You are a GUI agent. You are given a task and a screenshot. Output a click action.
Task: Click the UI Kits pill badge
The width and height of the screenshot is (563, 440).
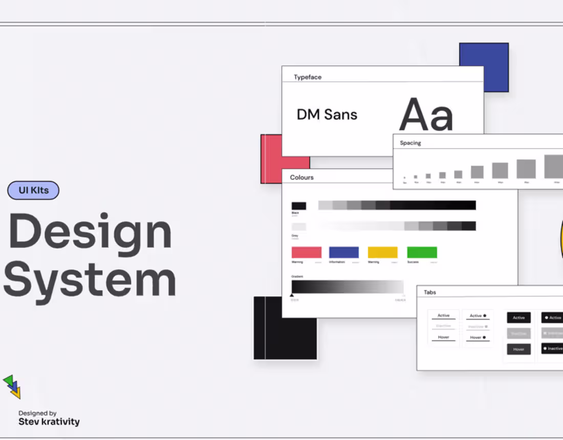click(x=33, y=190)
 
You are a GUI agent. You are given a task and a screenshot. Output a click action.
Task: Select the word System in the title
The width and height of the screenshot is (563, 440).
click(x=90, y=279)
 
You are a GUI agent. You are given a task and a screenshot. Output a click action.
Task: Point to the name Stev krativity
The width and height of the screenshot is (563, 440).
click(x=49, y=422)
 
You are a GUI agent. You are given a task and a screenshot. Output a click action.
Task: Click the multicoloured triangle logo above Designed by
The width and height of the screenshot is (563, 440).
click(x=12, y=386)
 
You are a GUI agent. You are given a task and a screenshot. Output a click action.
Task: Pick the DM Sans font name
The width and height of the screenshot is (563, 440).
click(x=327, y=115)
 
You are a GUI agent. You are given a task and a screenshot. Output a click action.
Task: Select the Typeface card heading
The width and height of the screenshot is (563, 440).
click(x=308, y=77)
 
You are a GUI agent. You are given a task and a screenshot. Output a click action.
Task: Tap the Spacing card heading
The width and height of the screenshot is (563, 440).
click(x=410, y=143)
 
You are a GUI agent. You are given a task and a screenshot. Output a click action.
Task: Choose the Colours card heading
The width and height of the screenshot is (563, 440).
click(x=302, y=178)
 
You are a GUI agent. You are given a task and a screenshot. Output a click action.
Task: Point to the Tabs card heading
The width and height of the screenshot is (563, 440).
click(x=430, y=292)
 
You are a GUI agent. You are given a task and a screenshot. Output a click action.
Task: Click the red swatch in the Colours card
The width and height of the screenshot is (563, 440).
click(x=307, y=252)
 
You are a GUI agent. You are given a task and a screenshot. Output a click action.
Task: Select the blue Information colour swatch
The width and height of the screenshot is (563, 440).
click(x=344, y=252)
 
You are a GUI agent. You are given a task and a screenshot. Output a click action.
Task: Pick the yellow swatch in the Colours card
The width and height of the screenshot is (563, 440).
click(x=383, y=252)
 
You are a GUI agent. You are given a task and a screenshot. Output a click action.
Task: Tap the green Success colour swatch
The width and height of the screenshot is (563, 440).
click(x=422, y=252)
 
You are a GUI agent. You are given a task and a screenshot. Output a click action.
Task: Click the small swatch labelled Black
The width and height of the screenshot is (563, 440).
click(x=299, y=206)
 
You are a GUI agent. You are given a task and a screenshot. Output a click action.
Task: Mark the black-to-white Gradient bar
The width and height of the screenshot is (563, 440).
click(x=348, y=287)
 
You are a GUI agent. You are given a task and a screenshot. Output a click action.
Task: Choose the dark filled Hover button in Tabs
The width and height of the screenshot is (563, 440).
click(x=519, y=349)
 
